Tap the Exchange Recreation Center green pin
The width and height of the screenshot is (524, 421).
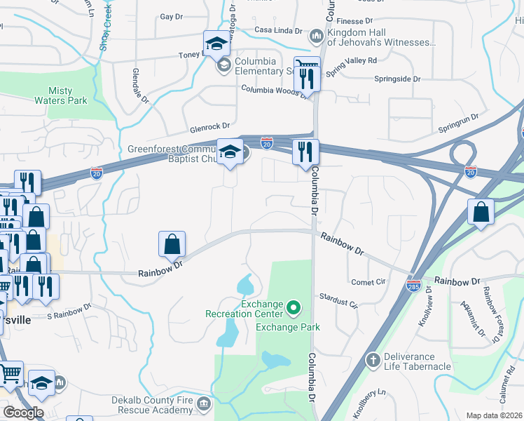295,307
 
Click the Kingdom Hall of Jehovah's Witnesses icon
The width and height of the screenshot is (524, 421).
316,35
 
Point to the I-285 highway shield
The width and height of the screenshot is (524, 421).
413,286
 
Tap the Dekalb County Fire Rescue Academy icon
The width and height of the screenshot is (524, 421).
203,404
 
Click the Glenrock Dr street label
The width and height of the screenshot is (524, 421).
209,127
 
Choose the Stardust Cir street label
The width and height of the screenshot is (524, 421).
338,301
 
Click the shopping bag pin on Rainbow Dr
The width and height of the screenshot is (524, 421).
172,245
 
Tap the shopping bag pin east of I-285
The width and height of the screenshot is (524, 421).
481,213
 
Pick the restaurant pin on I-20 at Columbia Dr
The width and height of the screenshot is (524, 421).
305,153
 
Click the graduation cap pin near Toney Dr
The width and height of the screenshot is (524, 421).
216,44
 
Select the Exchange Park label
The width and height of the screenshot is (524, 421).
287,327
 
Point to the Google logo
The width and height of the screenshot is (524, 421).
22,413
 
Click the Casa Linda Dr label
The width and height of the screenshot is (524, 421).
277,31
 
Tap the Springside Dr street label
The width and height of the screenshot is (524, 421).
397,79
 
